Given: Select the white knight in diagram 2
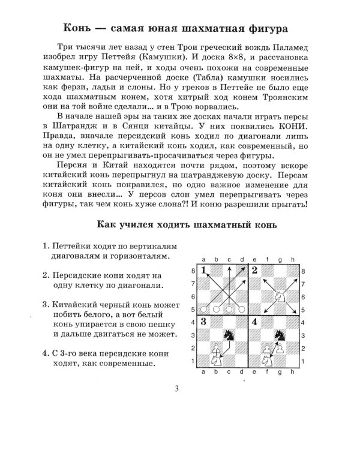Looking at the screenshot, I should coord(279,295).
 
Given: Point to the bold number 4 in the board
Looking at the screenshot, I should coord(256,321).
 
